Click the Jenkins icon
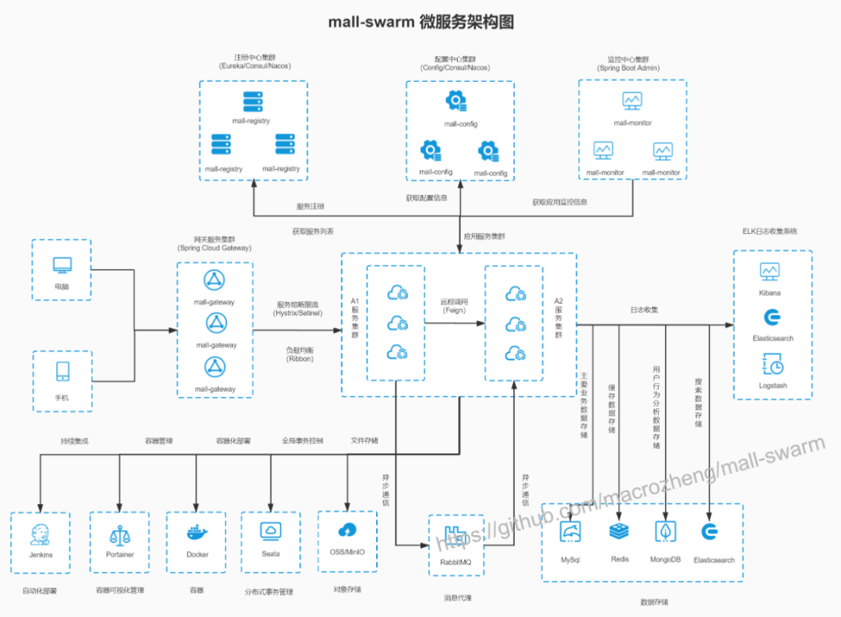pyautogui.click(x=40, y=535)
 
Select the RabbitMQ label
pyautogui.click(x=456, y=562)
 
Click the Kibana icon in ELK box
pyautogui.click(x=769, y=271)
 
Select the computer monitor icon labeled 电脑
pyautogui.click(x=62, y=265)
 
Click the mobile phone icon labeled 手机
pyautogui.click(x=62, y=372)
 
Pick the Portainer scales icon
pyautogui.click(x=120, y=534)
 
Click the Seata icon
pyautogui.click(x=271, y=531)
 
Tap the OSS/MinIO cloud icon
pyautogui.click(x=347, y=531)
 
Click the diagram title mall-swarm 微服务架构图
pyautogui.click(x=420, y=22)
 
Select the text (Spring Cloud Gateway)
pyautogui.click(x=215, y=248)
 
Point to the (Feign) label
pyautogui.click(x=455, y=310)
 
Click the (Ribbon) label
pyautogui.click(x=299, y=359)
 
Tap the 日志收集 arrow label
pyautogui.click(x=644, y=310)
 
